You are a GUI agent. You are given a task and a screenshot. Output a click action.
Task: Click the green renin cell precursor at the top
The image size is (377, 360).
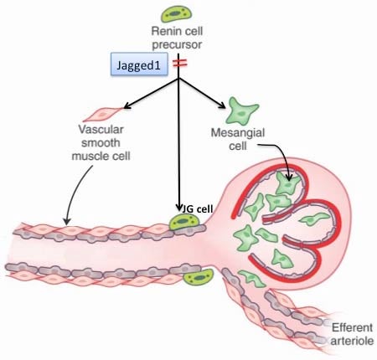(177, 13)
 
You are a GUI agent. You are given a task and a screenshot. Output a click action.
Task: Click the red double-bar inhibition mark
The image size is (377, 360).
(179, 64)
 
